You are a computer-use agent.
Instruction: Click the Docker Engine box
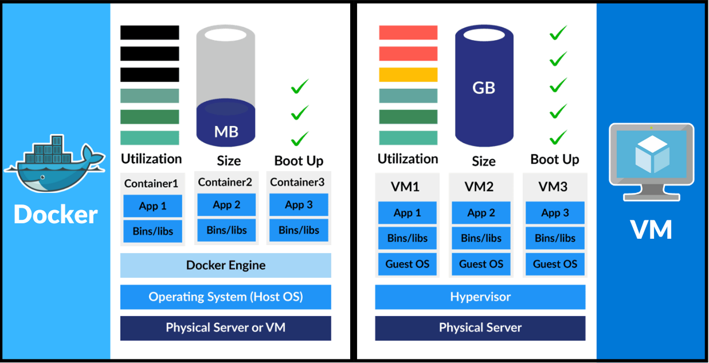click(226, 265)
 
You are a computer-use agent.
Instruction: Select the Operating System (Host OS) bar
click(226, 297)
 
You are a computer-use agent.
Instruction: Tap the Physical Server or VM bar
click(226, 328)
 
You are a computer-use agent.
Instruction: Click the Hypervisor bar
click(480, 297)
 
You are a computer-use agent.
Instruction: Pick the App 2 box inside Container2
click(226, 205)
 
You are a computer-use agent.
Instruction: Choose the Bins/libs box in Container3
click(299, 230)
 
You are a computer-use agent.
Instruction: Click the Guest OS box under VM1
click(408, 264)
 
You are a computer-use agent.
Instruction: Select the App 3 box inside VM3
click(555, 213)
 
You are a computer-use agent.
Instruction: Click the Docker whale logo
click(54, 163)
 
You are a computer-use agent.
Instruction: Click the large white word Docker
click(56, 215)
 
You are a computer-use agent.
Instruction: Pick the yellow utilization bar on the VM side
click(408, 74)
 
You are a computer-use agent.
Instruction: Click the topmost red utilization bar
click(408, 33)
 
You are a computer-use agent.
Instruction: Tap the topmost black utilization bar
click(150, 33)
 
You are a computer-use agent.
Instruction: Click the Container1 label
click(151, 184)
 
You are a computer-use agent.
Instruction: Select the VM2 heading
click(481, 187)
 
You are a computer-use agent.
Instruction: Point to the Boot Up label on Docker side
click(299, 160)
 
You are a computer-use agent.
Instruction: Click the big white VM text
click(652, 230)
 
